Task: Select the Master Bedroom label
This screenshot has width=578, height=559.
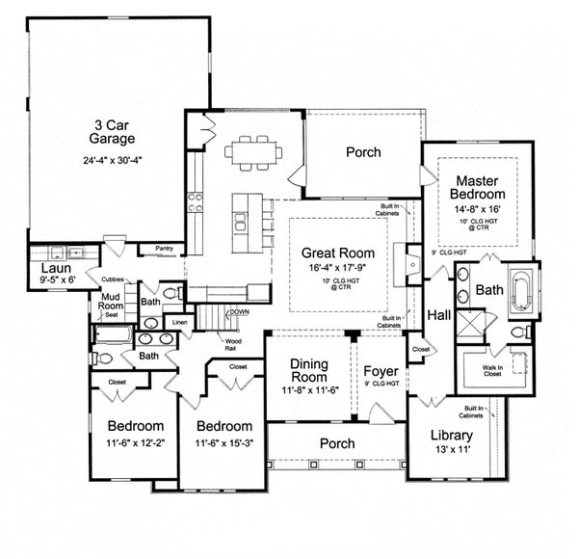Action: (475, 187)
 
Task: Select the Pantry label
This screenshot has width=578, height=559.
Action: (163, 249)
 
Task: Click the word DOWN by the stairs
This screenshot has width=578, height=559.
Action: (240, 312)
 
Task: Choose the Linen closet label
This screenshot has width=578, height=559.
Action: (180, 322)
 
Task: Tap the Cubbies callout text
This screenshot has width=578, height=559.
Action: (112, 279)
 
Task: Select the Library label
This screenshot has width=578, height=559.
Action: (451, 435)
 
